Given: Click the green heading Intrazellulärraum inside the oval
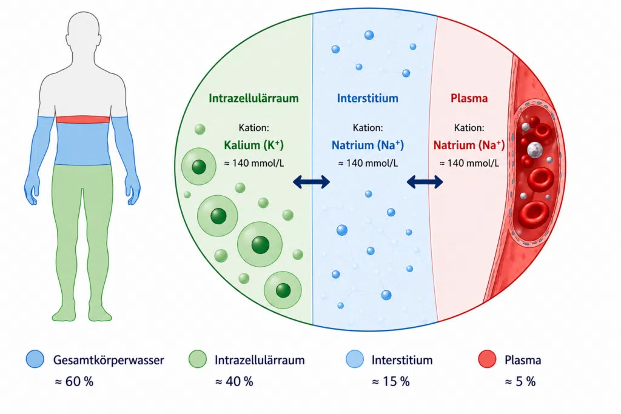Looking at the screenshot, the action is [253, 98].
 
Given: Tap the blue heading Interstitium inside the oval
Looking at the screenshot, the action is [368, 98].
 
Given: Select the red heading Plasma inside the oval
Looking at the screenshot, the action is [469, 98].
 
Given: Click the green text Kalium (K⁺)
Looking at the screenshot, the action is [254, 145].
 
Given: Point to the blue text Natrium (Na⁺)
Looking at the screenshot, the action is [368, 145].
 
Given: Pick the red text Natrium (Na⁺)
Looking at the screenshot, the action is [469, 145].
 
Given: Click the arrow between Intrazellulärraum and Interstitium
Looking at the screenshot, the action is [311, 182].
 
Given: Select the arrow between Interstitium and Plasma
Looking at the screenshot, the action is [425, 182].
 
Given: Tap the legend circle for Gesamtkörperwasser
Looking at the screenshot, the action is [35, 359].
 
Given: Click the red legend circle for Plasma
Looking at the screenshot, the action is [487, 359].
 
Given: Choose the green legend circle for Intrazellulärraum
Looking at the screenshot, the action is [197, 359].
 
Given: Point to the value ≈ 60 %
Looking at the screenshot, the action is [74, 381].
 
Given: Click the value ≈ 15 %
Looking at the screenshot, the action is [391, 381].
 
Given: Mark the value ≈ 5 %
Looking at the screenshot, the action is [520, 381].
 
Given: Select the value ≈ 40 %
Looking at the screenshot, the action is [234, 381].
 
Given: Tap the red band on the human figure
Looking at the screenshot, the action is [82, 119].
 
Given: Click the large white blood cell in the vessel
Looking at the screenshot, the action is [535, 150].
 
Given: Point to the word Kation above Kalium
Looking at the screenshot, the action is [254, 128].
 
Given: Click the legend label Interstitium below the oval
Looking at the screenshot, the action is [402, 360].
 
